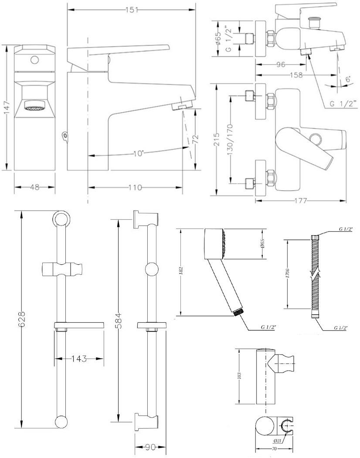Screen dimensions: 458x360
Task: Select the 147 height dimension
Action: (x=6, y=108)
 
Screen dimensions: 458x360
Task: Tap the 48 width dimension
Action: (x=34, y=188)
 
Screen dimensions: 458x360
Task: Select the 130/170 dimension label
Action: (x=231, y=139)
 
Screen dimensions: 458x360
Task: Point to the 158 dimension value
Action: (x=296, y=75)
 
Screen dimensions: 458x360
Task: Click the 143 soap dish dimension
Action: (x=78, y=359)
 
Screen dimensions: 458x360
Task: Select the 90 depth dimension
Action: (x=150, y=447)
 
